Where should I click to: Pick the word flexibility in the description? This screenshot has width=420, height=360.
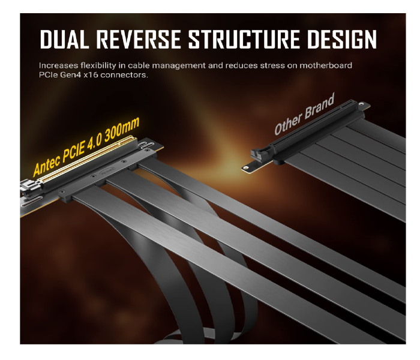108,65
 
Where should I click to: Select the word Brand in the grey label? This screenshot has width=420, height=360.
319,107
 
